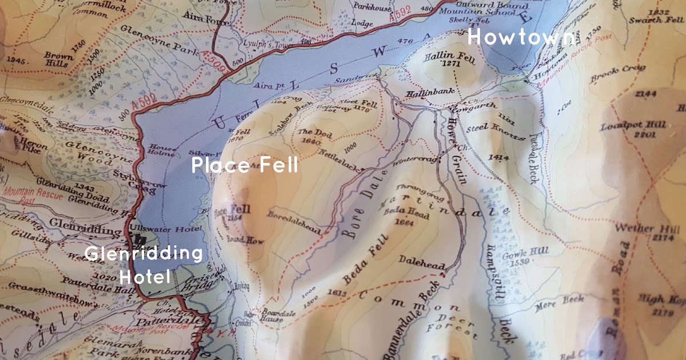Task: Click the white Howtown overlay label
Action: click(521, 38)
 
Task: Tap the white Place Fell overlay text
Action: click(245, 166)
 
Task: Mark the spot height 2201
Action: click(623, 135)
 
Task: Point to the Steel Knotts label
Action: click(495, 133)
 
